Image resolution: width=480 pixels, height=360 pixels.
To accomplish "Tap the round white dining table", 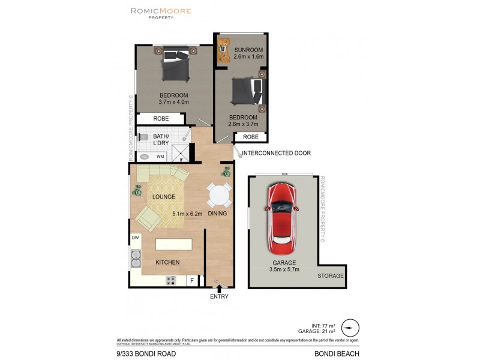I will [x=219, y=195].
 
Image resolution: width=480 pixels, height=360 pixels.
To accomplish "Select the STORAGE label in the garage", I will [x=331, y=276].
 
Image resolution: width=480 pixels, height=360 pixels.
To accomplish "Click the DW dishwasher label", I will [x=135, y=238].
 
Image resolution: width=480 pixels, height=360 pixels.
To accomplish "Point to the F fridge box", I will [x=192, y=280].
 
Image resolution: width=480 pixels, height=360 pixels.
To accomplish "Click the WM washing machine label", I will [x=160, y=157].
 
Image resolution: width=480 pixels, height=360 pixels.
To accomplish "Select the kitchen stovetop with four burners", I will [x=170, y=280].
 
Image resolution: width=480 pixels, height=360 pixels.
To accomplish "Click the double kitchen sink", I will [x=135, y=259].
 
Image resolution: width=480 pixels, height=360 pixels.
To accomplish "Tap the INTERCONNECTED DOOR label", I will [x=276, y=153].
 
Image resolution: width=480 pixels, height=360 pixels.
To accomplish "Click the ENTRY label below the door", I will [x=219, y=296].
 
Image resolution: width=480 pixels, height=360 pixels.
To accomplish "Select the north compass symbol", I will [x=350, y=328].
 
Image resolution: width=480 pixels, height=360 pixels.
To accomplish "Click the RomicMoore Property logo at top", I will [x=161, y=13].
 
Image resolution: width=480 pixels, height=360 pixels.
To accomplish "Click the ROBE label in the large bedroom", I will [x=161, y=119].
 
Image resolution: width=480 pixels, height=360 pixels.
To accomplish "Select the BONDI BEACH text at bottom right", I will [x=337, y=353].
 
